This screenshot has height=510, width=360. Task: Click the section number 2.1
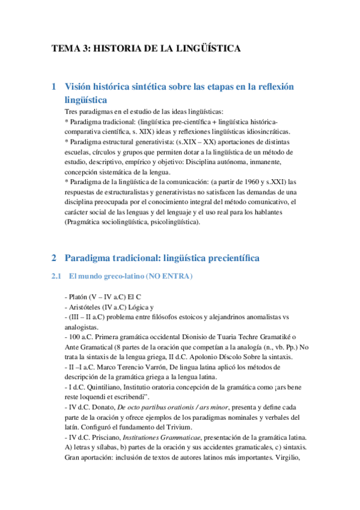tap(56, 276)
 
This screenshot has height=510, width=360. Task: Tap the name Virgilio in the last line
tap(291, 458)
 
